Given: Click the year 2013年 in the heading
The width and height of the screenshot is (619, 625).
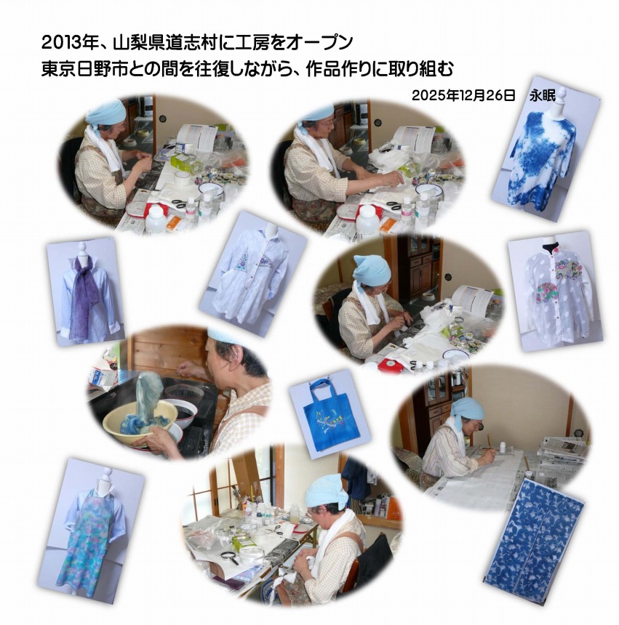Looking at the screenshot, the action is point(70,43).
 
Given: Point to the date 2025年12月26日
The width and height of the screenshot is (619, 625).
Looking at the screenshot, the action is point(463,96).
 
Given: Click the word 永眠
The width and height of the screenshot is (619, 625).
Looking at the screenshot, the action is point(543,96).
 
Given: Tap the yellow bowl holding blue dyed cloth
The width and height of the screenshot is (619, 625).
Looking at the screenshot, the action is point(140,421).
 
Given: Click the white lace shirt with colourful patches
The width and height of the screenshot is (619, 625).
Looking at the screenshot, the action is point(556,293).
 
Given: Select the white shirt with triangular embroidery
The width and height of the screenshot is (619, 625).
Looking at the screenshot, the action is point(249,275).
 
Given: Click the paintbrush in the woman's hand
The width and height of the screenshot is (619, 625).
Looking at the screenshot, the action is point(490,445).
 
